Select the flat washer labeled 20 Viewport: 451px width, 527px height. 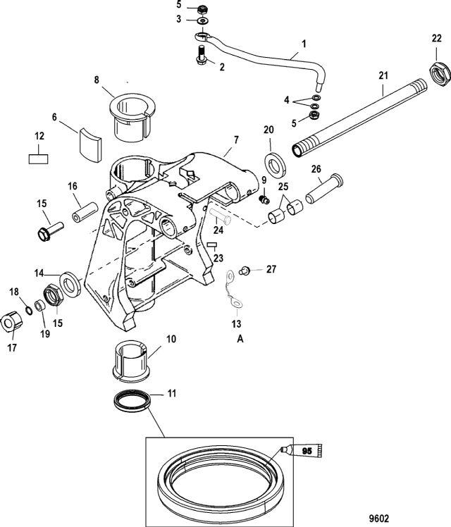tap(276, 165)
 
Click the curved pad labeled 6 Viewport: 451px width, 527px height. tap(90, 142)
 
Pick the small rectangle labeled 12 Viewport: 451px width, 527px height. tap(38, 159)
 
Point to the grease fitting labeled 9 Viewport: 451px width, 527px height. tap(264, 200)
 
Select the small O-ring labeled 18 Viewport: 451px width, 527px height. tap(29, 311)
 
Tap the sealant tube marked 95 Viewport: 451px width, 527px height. tap(302, 450)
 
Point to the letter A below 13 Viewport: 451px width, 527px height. tap(240, 339)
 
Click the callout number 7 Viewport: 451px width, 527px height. tap(236, 139)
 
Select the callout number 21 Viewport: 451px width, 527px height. tap(383, 75)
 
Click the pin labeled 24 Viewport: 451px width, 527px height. tap(221, 216)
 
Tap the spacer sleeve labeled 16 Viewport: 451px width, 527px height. tap(85, 212)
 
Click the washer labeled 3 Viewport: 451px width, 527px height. tap(202, 21)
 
